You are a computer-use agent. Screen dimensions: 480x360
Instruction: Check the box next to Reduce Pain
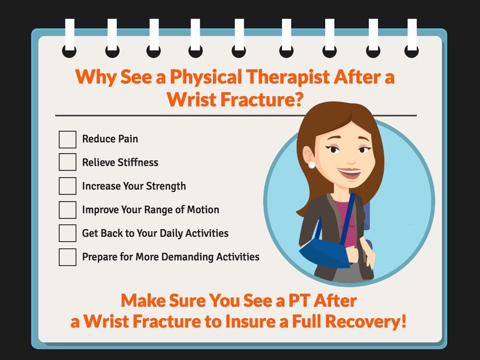coord(67,140)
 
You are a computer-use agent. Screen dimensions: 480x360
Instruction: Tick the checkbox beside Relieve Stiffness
coord(67,162)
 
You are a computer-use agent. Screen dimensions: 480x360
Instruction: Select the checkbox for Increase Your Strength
coord(67,186)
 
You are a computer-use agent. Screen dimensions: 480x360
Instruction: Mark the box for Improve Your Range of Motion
coord(67,209)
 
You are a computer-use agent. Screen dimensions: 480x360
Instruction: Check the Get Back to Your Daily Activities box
coord(67,233)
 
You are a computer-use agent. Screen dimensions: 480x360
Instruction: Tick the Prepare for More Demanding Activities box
coord(67,257)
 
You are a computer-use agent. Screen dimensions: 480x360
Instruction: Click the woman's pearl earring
coord(311,165)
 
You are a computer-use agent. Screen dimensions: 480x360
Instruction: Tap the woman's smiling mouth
coord(350,173)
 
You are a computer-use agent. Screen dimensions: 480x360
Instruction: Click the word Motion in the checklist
coord(203,209)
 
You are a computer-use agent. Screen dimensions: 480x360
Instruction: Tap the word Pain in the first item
coord(128,139)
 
